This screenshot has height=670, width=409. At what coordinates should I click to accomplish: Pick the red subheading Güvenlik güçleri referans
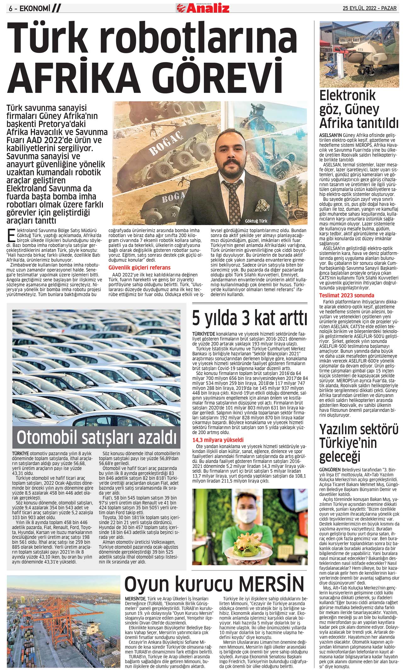click(x=139, y=268)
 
